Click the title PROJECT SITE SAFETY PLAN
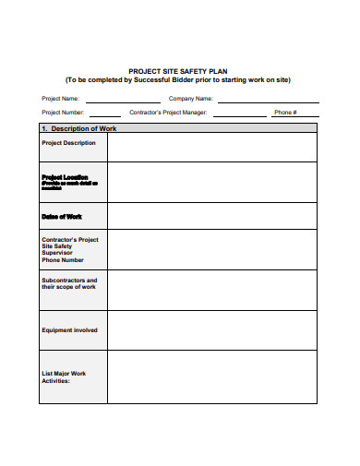click(x=178, y=70)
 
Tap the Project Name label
click(x=60, y=98)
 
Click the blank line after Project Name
click(x=122, y=99)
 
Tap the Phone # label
click(x=285, y=113)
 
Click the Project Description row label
click(x=68, y=143)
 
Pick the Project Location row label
click(x=66, y=177)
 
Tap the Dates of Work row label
click(x=62, y=216)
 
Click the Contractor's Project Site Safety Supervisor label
click(x=70, y=250)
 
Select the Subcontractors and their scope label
click(x=69, y=283)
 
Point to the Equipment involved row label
click(x=69, y=329)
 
